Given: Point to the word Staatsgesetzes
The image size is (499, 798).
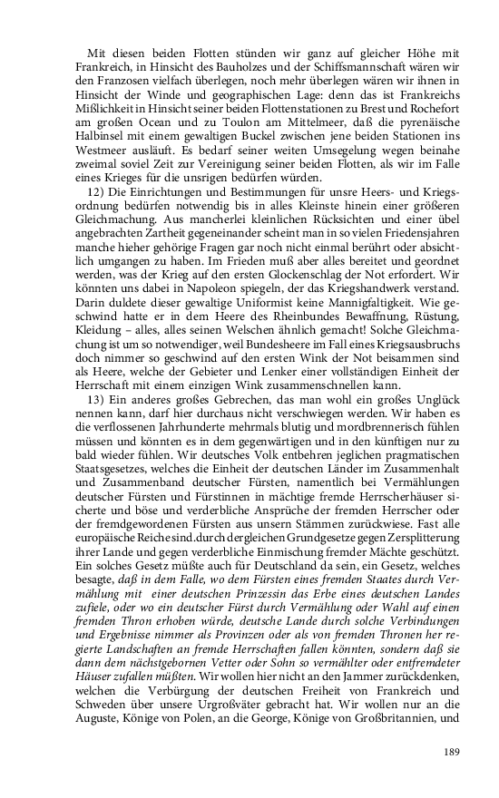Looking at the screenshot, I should click(x=116, y=466).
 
